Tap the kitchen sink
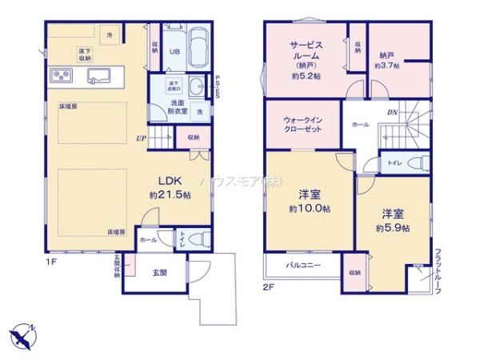100,77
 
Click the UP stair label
142,136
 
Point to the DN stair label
393,112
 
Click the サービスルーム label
305,52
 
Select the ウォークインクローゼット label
303,125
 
